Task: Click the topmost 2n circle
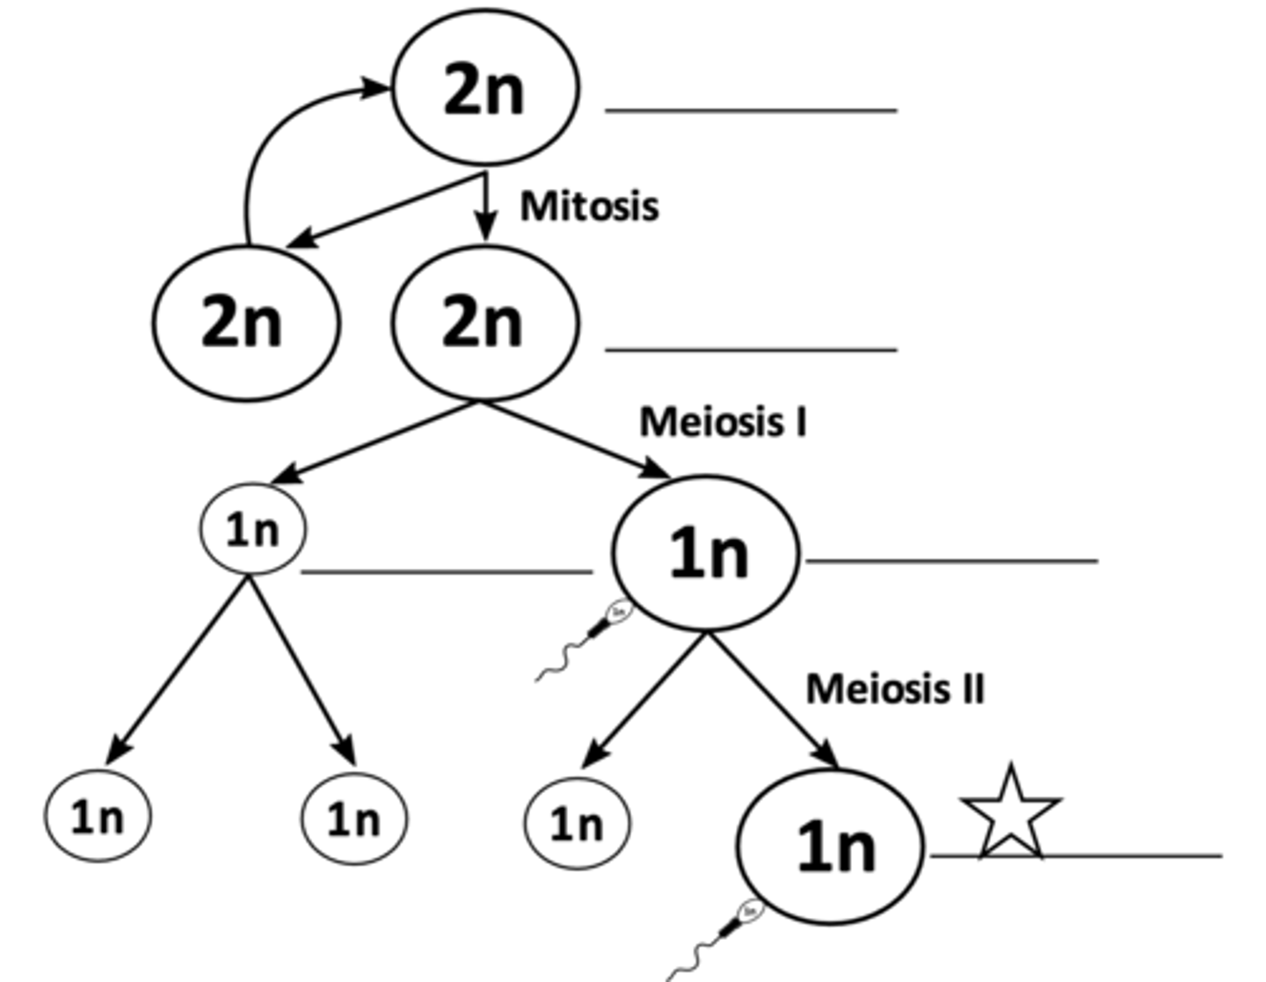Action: pyautogui.click(x=485, y=88)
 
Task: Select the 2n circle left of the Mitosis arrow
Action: pyautogui.click(x=245, y=322)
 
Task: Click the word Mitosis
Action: pyautogui.click(x=589, y=207)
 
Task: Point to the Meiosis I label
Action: pyautogui.click(x=723, y=422)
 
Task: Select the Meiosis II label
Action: pyautogui.click(x=895, y=688)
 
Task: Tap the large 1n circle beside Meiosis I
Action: pyautogui.click(x=706, y=554)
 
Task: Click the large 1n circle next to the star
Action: pyautogui.click(x=831, y=847)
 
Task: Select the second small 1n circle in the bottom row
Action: pyautogui.click(x=354, y=819)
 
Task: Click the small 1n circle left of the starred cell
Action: pyautogui.click(x=578, y=824)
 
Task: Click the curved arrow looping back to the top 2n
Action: pyautogui.click(x=264, y=149)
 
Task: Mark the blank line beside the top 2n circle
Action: pyautogui.click(x=751, y=111)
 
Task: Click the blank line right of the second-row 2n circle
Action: pyautogui.click(x=751, y=350)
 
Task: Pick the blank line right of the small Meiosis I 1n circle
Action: pyautogui.click(x=447, y=572)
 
